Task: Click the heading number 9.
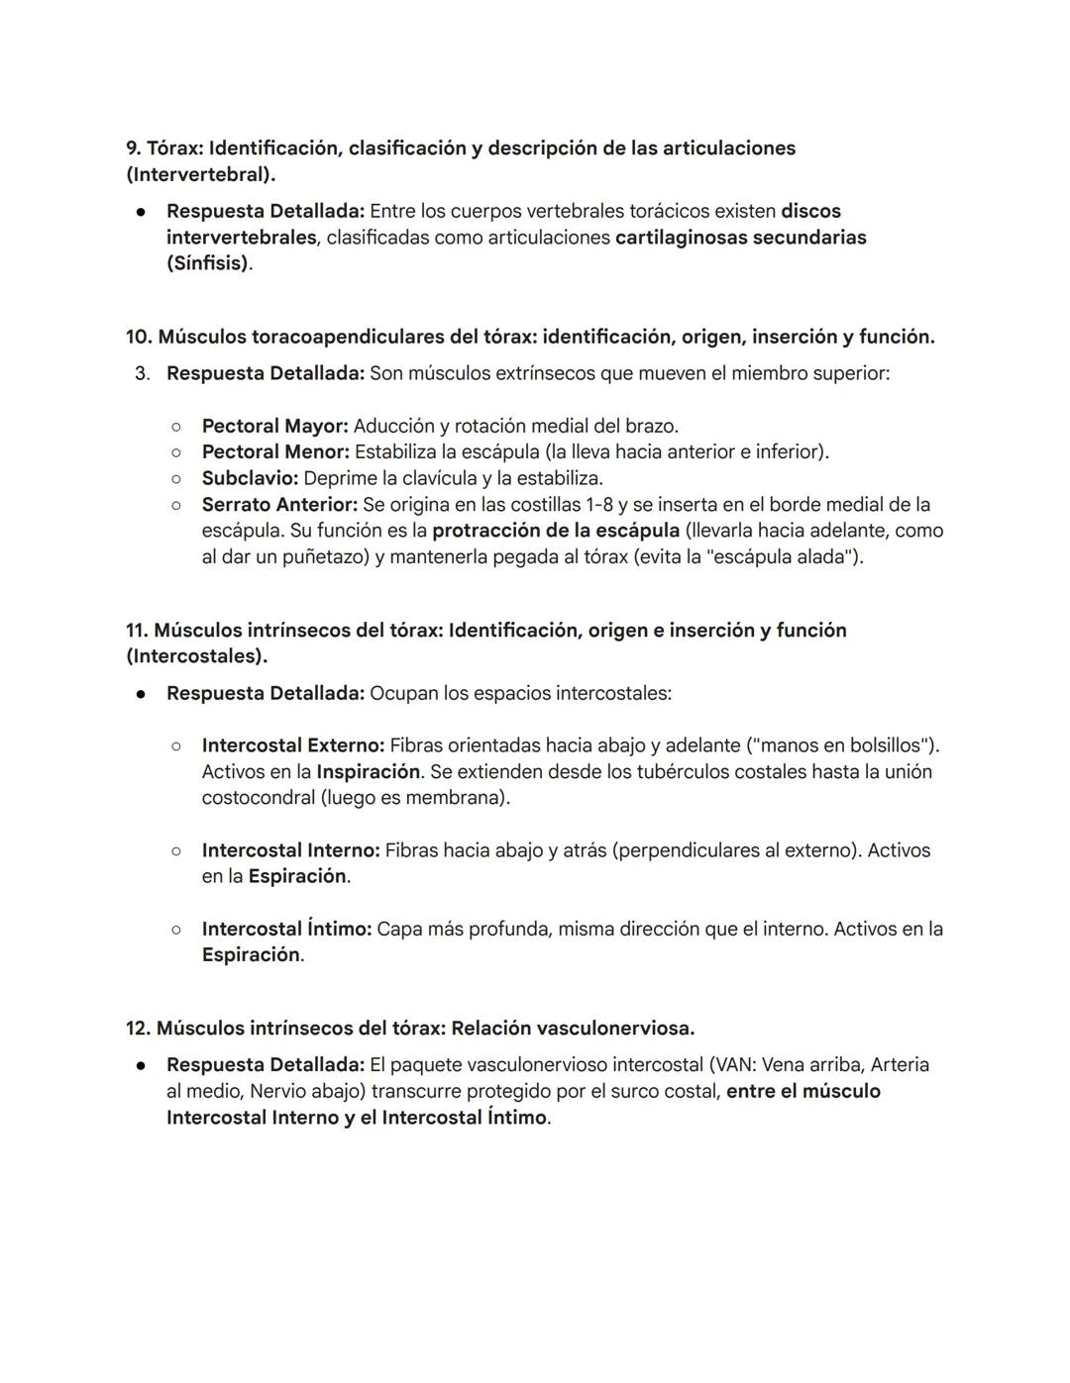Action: point(134,148)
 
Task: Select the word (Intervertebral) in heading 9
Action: point(200,174)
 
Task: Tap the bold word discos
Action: point(810,211)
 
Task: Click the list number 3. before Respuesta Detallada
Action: point(143,373)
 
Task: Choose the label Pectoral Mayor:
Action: point(274,426)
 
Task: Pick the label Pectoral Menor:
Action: point(275,451)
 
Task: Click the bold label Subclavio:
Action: point(250,478)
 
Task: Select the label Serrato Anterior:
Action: point(279,505)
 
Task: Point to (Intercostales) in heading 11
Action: point(197,655)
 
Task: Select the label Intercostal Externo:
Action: point(292,744)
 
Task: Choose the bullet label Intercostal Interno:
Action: point(290,849)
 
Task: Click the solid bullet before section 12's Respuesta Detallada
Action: point(143,1065)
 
